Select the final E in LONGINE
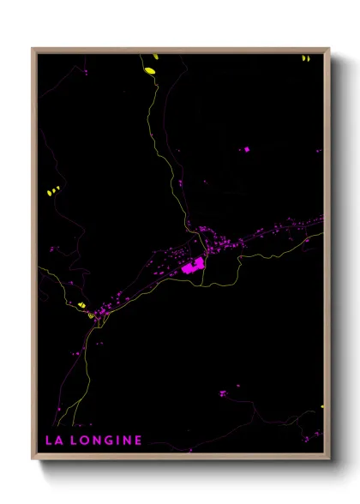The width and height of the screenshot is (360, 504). click(x=138, y=441)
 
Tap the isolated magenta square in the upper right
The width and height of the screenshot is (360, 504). click(x=247, y=149)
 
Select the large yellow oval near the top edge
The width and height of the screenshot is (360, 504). click(x=150, y=70)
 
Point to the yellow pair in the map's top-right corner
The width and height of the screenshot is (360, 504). click(x=304, y=58)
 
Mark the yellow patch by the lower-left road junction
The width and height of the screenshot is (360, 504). click(x=82, y=305)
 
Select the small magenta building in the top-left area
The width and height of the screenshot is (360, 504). click(x=85, y=74)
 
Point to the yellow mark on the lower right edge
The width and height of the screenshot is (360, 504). click(x=322, y=406)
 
